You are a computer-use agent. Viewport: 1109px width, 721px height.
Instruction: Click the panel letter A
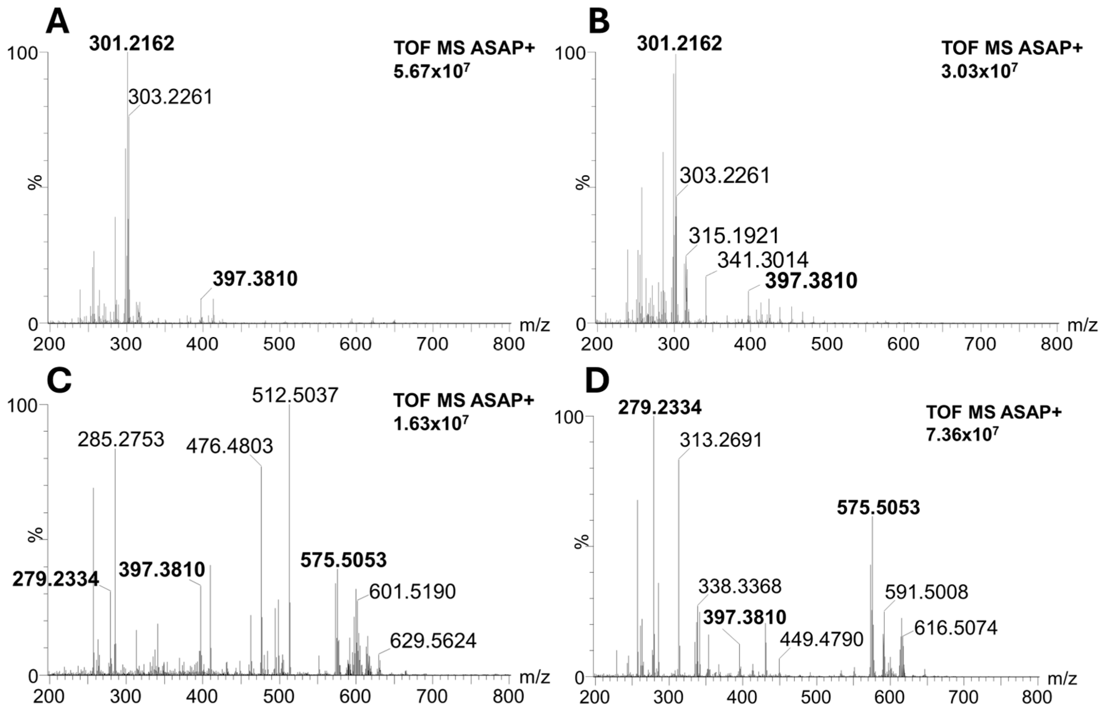click(57, 22)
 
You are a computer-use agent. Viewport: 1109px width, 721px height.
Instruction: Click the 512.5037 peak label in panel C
click(295, 396)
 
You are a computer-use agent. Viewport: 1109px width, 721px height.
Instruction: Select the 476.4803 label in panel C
click(229, 447)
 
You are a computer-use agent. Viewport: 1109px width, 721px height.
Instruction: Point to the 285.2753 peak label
click(121, 439)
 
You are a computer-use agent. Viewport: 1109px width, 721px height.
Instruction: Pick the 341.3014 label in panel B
click(762, 260)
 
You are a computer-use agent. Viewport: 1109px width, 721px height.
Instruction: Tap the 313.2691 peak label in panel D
click(720, 440)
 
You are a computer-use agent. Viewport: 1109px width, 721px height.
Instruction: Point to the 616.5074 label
click(955, 628)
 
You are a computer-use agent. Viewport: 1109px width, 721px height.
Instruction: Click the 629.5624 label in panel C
click(433, 641)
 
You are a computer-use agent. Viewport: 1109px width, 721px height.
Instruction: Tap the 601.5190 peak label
click(412, 592)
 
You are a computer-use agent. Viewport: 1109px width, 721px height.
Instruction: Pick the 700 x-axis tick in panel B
click(981, 344)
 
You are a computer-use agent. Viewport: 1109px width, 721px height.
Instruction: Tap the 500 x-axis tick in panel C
click(278, 697)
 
